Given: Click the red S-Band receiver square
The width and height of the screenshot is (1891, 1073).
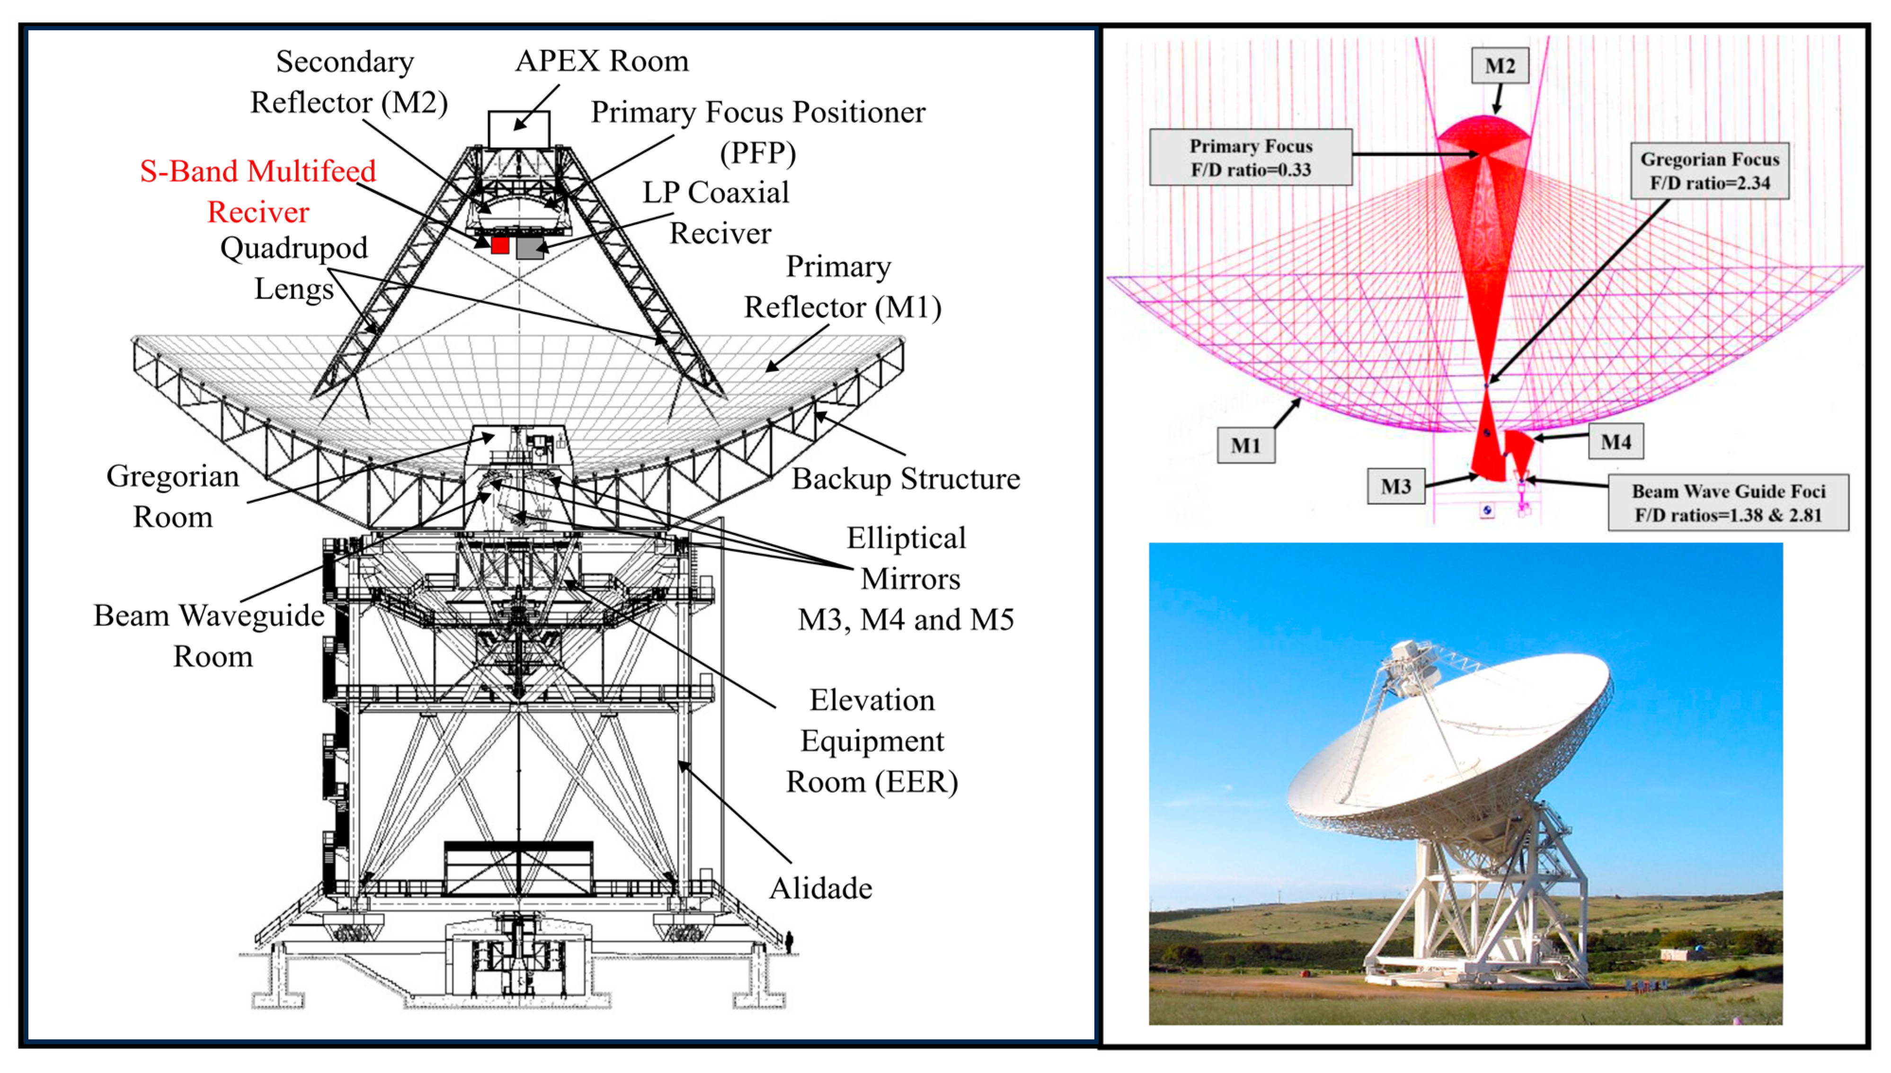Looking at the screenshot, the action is (x=500, y=245).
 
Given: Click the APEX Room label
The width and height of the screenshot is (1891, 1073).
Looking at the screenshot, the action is (x=602, y=61).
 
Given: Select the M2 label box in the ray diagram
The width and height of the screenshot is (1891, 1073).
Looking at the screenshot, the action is (x=1500, y=66).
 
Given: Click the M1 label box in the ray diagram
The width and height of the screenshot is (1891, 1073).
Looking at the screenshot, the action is (x=1246, y=445).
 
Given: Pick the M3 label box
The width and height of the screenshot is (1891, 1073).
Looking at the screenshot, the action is (x=1396, y=486).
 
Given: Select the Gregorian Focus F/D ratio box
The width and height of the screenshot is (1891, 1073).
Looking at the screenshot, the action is (x=1710, y=171).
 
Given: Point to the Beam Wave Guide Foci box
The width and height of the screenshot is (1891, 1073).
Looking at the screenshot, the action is (x=1728, y=502).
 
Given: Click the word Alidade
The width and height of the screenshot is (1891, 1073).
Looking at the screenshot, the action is (x=821, y=889).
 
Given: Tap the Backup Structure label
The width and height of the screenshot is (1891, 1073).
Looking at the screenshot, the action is (x=906, y=480).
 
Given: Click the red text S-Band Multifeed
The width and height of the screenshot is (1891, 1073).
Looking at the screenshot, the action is (x=258, y=171).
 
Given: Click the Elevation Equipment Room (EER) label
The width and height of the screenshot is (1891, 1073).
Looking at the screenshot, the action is (x=872, y=741).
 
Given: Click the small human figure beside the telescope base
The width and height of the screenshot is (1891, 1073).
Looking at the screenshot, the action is (x=789, y=942).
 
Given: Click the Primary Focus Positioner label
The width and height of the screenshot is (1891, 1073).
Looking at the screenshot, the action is (x=758, y=133).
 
